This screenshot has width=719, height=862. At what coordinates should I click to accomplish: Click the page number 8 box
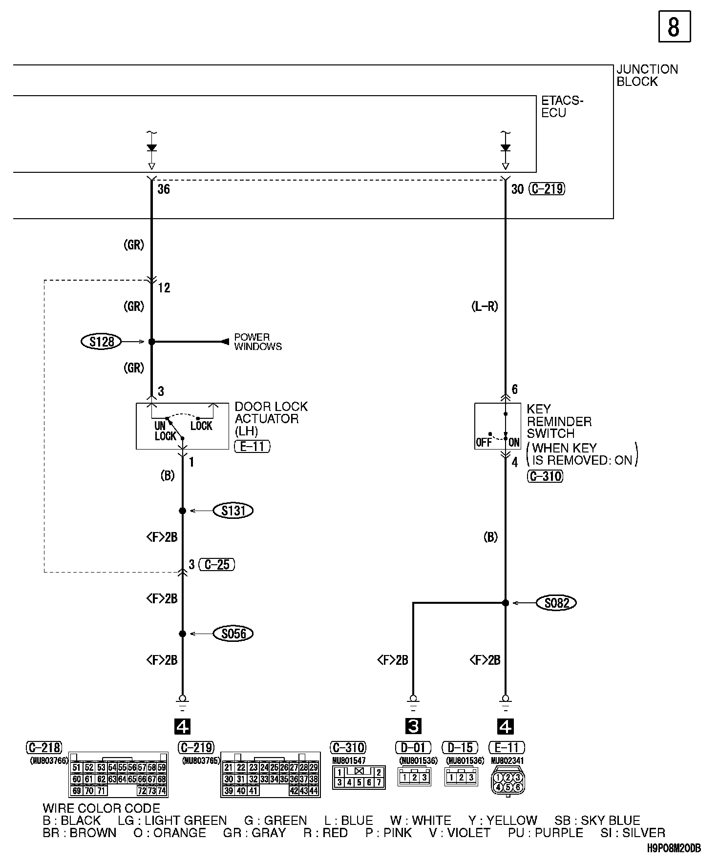coord(674,26)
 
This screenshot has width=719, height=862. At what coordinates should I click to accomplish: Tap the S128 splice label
coord(101,342)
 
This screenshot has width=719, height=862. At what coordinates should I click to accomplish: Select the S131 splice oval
coord(233,511)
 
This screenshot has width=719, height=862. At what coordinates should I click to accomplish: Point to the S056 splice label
coord(233,634)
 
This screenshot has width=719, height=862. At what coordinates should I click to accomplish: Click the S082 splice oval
coord(556,603)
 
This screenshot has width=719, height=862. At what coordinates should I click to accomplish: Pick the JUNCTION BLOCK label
coord(647,76)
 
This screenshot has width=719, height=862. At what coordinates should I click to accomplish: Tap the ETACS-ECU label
coord(562,107)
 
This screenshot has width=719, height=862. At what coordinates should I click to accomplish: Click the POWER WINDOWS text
coord(257,342)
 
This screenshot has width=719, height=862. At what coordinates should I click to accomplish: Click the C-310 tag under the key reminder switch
coord(545,476)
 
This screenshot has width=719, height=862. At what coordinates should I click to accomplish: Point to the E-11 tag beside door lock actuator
coord(252,446)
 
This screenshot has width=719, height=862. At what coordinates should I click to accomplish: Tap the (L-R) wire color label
coord(485,307)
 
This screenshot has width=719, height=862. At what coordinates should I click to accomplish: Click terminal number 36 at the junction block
coord(164,189)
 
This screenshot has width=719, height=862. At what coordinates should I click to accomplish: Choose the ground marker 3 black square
coord(413,727)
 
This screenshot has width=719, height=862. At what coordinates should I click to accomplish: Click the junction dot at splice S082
coord(506,603)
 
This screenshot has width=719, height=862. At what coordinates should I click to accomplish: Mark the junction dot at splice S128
coord(151,342)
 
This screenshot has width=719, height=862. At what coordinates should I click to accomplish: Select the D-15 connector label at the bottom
coord(460,747)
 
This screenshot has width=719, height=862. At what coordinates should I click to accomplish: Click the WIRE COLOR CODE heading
coord(101,808)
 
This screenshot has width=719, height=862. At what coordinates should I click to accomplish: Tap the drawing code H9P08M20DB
coord(674,848)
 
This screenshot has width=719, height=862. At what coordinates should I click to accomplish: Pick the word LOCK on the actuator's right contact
coord(201,426)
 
